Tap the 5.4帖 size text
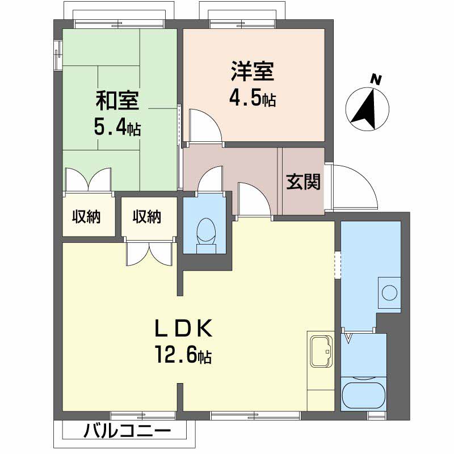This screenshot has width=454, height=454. pyautogui.click(x=117, y=127)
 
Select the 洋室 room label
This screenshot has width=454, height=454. pyautogui.click(x=253, y=72)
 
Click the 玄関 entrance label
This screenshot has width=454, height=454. pyautogui.click(x=303, y=182)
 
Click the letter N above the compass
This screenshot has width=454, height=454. pyautogui.click(x=375, y=79)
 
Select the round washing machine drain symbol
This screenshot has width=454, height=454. pyautogui.click(x=389, y=293)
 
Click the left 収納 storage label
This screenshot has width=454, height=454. pyautogui.click(x=86, y=216)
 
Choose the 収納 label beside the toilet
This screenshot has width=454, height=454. pyautogui.click(x=147, y=216)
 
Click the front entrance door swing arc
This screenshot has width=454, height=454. pyautogui.click(x=355, y=187)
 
